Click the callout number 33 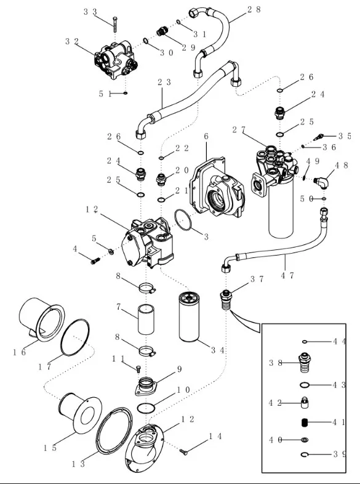click(x=90, y=12)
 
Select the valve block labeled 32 click(x=114, y=59)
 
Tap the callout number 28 click(x=254, y=9)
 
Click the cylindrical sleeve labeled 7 click(x=146, y=318)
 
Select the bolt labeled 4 click(x=94, y=262)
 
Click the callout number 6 click(x=206, y=137)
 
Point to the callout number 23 click(x=164, y=82)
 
